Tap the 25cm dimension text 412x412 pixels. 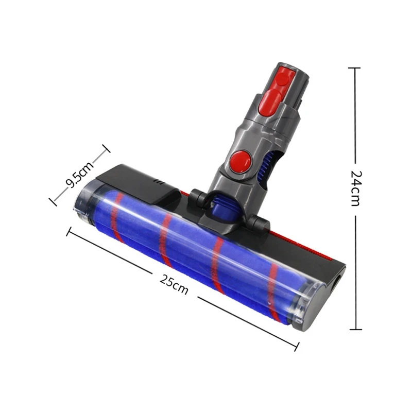pyautogui.click(x=174, y=284)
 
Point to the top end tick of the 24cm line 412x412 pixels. pyautogui.click(x=355, y=67)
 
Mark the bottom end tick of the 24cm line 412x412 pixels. pyautogui.click(x=355, y=329)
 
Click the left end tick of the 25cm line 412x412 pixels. pyautogui.click(x=67, y=231)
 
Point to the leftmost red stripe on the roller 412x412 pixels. pyautogui.click(x=116, y=216)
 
